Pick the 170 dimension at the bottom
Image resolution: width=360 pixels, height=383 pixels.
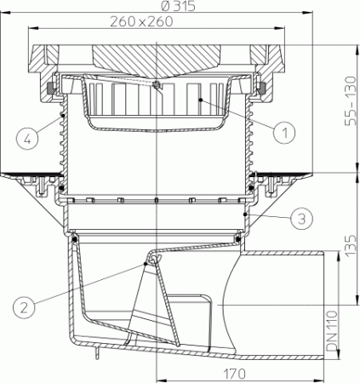236,374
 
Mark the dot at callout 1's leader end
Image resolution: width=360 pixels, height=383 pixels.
201,100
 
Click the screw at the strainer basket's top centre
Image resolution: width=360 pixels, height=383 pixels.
157,85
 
